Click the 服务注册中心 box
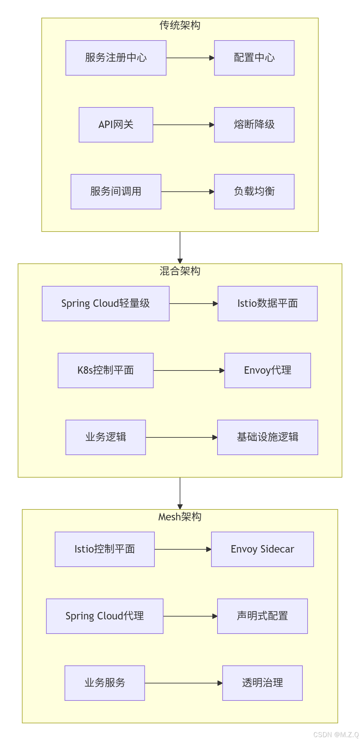[x=116, y=58]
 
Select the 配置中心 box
[x=254, y=58]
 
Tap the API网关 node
[x=116, y=125]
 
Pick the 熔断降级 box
[x=254, y=125]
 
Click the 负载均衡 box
[x=254, y=192]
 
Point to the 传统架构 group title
[x=180, y=25]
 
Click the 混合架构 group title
[x=180, y=271]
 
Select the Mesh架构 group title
[x=180, y=517]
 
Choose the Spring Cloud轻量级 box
[x=106, y=304]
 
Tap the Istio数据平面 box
[x=267, y=304]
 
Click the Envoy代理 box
[x=267, y=370]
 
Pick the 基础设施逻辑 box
[x=267, y=437]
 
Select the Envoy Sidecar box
[x=262, y=549]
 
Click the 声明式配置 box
[x=262, y=616]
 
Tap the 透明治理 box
[x=262, y=683]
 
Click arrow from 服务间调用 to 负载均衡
[x=188, y=192]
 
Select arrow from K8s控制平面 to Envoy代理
[x=189, y=370]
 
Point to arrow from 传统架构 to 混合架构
[x=180, y=247]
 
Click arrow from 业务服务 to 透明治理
[x=183, y=683]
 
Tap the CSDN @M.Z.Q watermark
[x=336, y=735]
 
